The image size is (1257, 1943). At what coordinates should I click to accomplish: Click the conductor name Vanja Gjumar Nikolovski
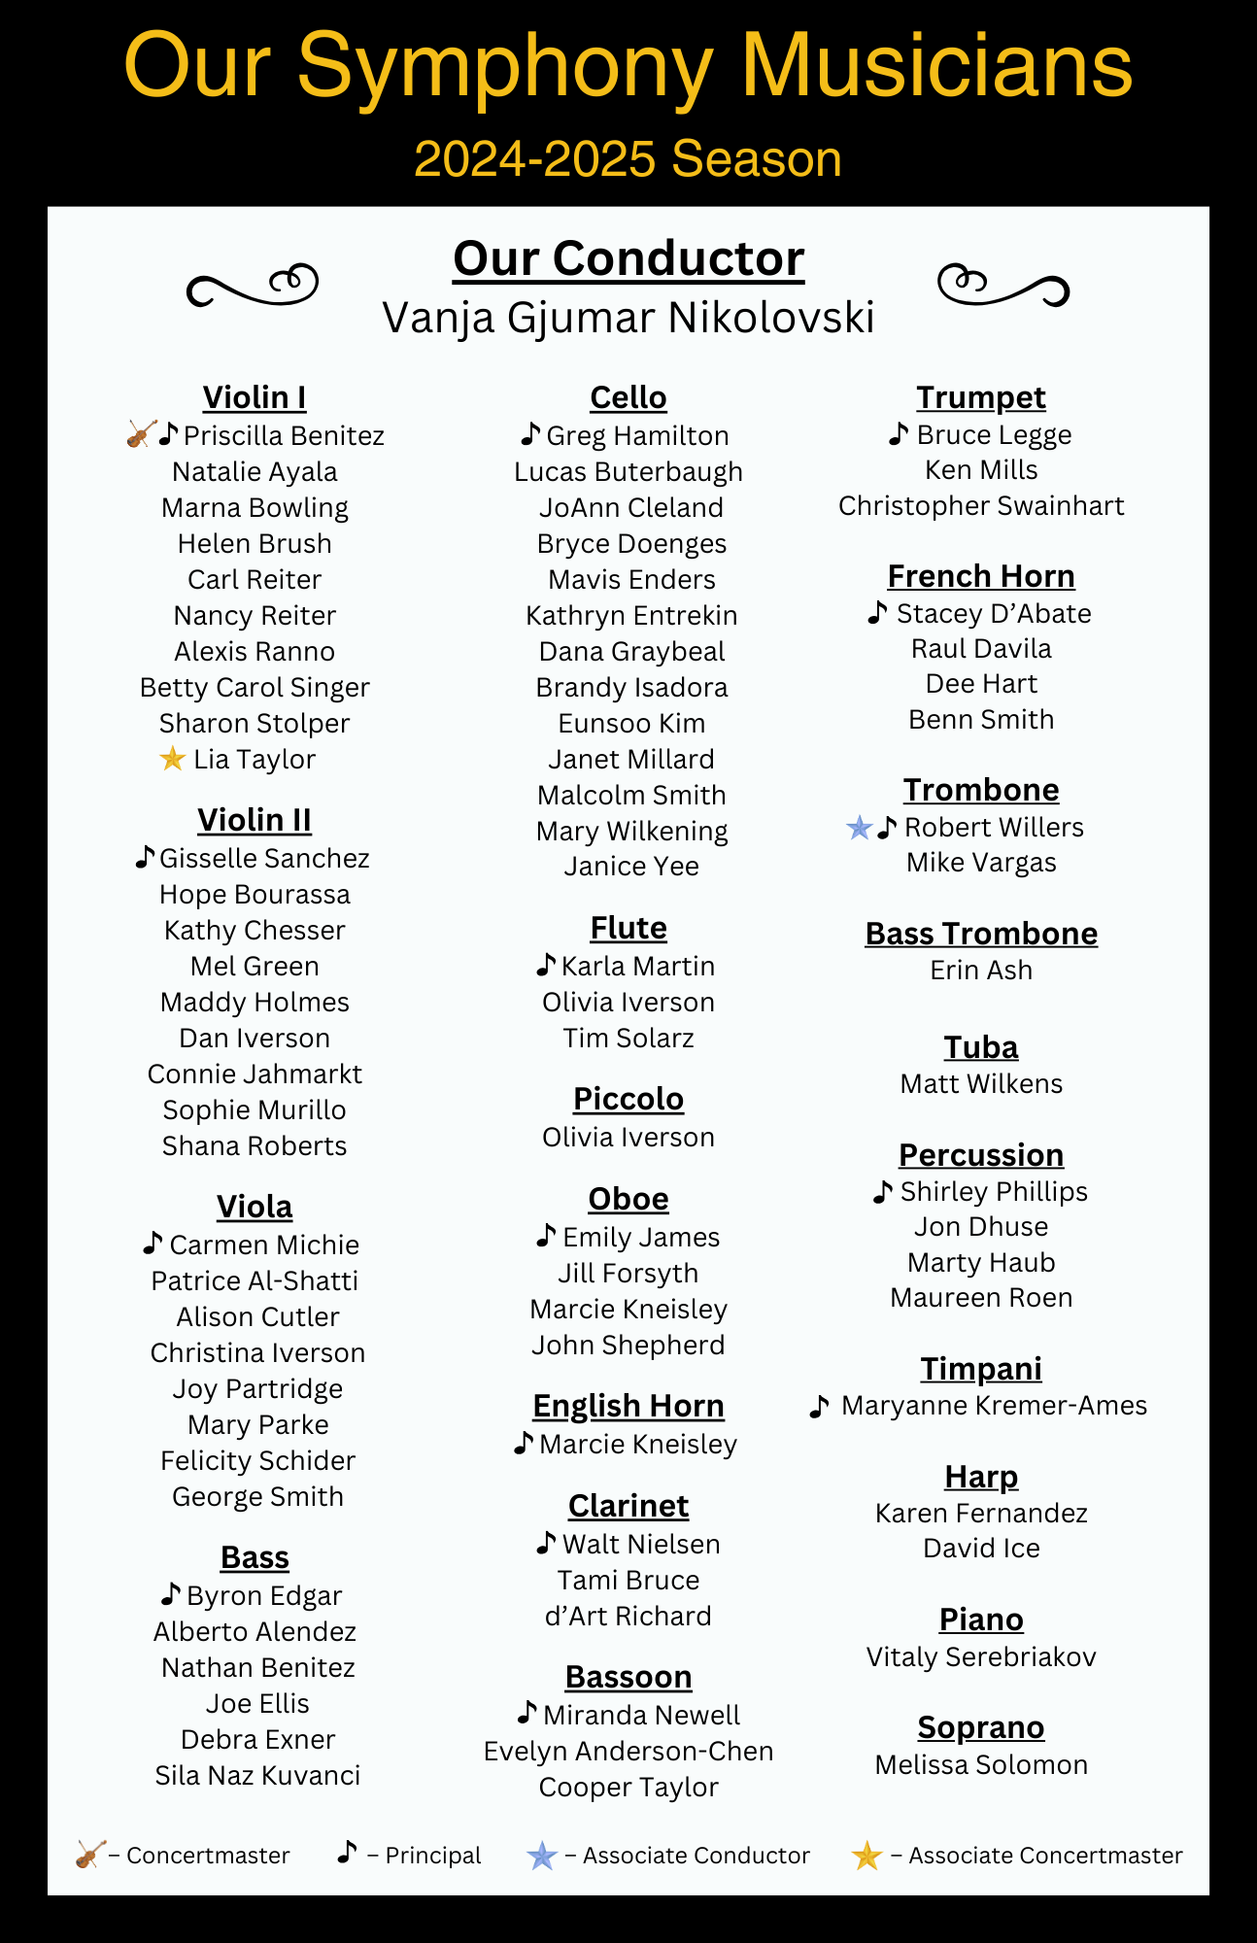628,318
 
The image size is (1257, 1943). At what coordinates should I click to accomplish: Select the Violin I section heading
255,397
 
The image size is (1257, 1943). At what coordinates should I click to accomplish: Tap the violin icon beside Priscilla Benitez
141,434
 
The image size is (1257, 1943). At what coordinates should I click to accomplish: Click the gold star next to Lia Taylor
172,759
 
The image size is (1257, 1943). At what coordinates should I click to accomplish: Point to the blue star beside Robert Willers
859,828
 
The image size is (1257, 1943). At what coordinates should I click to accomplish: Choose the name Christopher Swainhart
981,506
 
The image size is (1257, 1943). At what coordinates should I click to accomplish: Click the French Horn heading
981,576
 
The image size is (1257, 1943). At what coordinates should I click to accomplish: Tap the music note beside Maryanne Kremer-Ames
820,1406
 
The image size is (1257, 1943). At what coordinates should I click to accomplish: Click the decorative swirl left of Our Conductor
253,285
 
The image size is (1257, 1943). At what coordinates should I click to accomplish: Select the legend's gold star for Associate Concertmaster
866,1856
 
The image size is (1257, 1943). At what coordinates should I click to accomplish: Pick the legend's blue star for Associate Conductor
541,1856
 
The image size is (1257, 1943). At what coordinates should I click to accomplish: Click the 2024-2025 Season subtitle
628,158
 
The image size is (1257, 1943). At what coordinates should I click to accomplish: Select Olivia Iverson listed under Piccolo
628,1137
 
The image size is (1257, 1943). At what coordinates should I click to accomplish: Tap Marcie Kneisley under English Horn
638,1445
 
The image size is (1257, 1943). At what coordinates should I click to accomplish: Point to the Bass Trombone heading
981,934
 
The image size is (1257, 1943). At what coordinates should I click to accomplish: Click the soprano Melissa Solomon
981,1764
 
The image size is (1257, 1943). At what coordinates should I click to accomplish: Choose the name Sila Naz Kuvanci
257,1775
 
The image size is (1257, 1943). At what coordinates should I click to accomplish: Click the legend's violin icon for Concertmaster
90,1855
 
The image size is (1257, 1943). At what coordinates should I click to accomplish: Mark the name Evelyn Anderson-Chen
628,1751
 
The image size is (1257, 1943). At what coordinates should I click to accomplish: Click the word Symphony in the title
504,66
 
